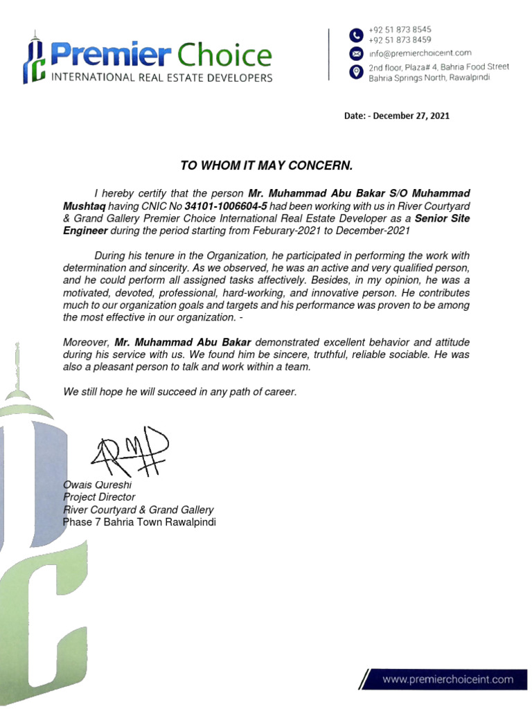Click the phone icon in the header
355,35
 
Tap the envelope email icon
355,53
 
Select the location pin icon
355,72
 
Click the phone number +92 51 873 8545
400,30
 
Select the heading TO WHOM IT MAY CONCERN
267,165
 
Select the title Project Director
99,497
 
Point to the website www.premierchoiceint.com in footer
448,679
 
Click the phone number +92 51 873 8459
400,40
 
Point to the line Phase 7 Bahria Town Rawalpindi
139,522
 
